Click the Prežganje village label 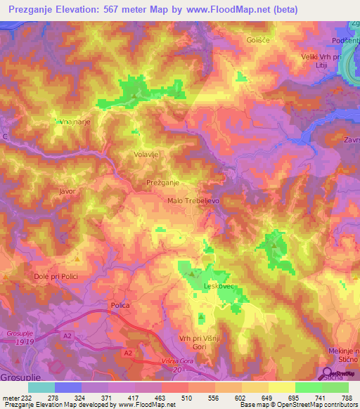tap(148, 182)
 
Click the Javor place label tap(67, 190)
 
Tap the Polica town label tap(120, 305)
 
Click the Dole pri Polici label tap(57, 276)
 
